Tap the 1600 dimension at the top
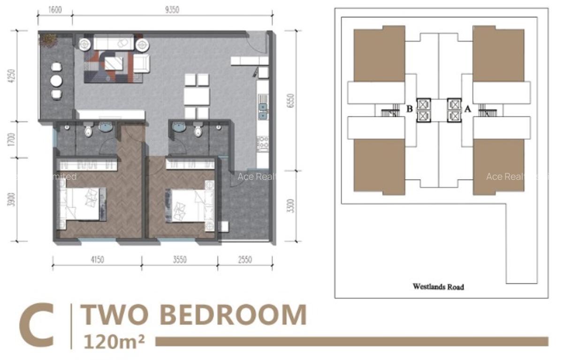click(55, 9)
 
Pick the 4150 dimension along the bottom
click(97, 260)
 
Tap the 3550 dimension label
click(179, 260)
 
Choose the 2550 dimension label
click(244, 260)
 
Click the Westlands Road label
click(438, 286)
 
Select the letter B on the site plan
click(409, 109)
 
